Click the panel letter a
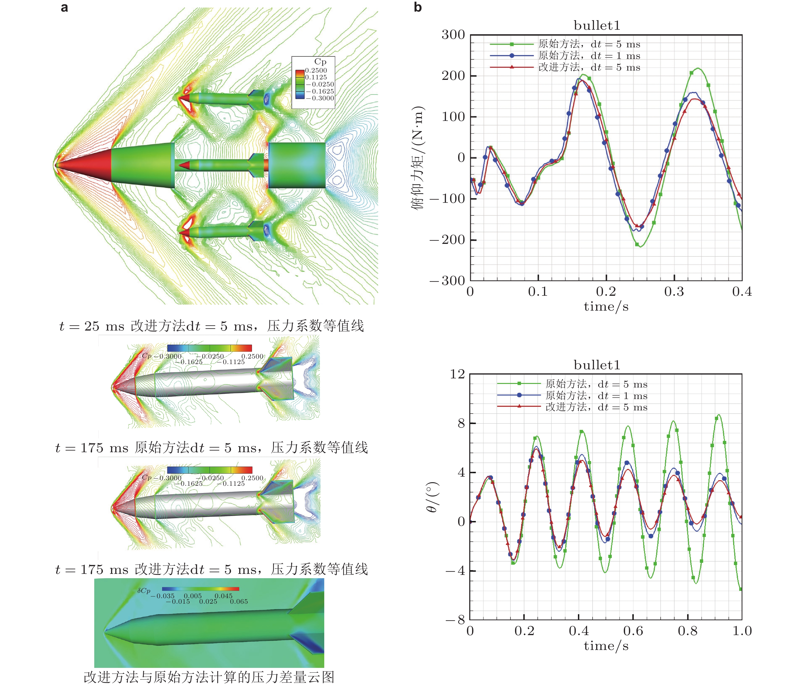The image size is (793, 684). pyautogui.click(x=64, y=8)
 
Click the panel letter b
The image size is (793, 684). pyautogui.click(x=418, y=7)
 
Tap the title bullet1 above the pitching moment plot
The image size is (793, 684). pyautogui.click(x=597, y=26)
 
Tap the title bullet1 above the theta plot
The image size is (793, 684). pyautogui.click(x=597, y=365)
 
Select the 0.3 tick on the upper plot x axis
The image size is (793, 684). pyautogui.click(x=674, y=292)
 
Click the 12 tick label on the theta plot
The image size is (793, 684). pyautogui.click(x=457, y=374)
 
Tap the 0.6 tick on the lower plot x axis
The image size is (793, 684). pyautogui.click(x=633, y=631)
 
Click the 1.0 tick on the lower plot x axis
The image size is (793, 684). pyautogui.click(x=742, y=631)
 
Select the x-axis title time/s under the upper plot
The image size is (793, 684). pyautogui.click(x=606, y=307)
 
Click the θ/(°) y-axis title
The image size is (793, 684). pyautogui.click(x=432, y=497)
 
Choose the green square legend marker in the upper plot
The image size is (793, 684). pyautogui.click(x=512, y=44)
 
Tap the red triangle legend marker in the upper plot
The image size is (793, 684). pyautogui.click(x=512, y=67)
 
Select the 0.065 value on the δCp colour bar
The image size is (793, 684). pyautogui.click(x=239, y=602)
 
